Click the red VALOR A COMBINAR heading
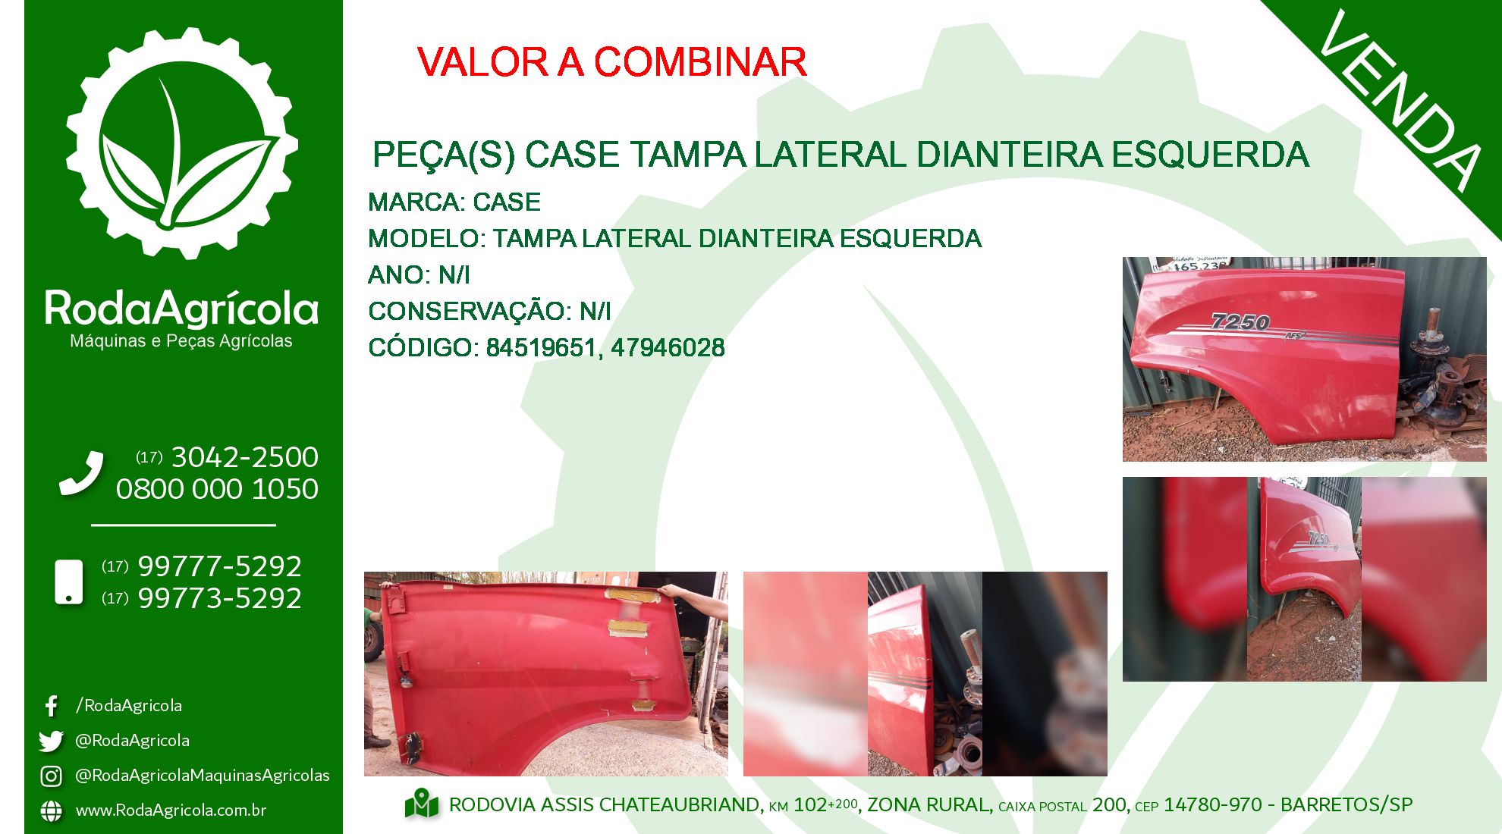[x=611, y=62]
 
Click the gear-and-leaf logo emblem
[x=182, y=143]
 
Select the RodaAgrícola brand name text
[x=181, y=309]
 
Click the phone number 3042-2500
[x=244, y=457]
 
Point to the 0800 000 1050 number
[x=217, y=489]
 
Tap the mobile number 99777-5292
[x=220, y=566]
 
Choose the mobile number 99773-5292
[x=220, y=598]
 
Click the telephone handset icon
[x=81, y=474]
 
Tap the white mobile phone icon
[x=69, y=582]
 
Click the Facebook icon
[x=51, y=706]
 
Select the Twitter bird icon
[x=51, y=741]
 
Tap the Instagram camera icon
[x=51, y=776]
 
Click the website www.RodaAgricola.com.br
[x=171, y=810]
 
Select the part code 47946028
[x=668, y=348]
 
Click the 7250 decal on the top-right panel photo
[x=1240, y=322]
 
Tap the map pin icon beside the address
[x=422, y=804]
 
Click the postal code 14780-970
[x=1213, y=804]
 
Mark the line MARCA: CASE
[x=454, y=202]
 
